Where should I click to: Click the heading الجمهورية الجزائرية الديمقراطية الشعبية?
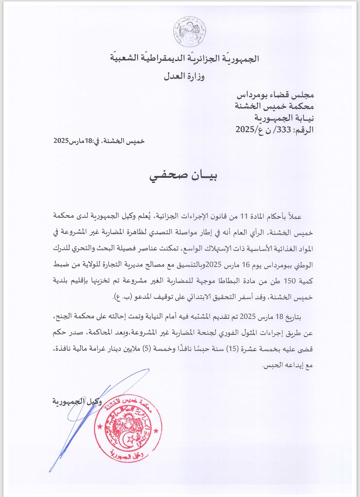click(184, 59)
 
